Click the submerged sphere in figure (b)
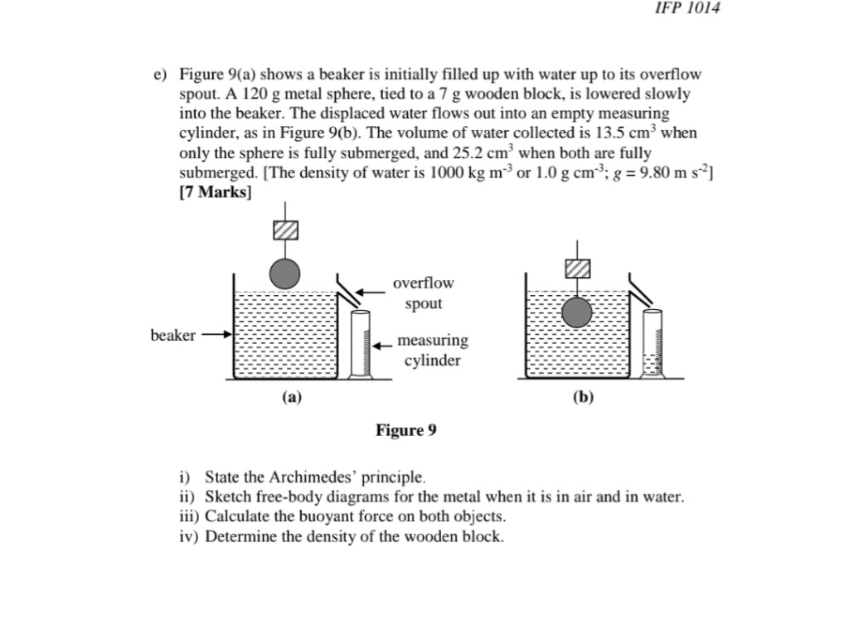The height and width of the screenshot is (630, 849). pos(577,313)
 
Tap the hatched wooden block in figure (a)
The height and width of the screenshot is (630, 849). pos(285,230)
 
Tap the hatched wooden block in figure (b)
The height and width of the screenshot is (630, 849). pos(577,268)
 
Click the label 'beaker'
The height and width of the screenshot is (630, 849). pos(172,336)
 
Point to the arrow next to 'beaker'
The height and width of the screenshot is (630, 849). pos(216,336)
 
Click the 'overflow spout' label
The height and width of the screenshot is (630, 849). pos(423,293)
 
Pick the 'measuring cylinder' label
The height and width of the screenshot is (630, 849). pos(432,350)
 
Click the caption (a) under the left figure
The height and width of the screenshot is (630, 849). pos(291,397)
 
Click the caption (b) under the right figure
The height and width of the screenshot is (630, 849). pos(583,397)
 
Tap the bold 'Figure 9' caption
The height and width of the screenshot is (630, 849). pos(405,430)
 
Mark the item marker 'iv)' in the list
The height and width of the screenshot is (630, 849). pos(189,536)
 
